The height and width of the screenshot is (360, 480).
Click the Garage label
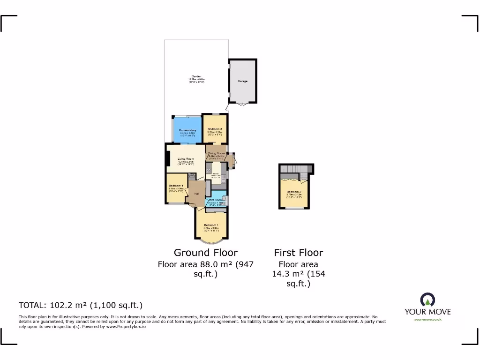[x=242, y=81]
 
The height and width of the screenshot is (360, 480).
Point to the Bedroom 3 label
[x=215, y=129]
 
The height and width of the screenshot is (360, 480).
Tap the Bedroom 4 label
[x=176, y=186]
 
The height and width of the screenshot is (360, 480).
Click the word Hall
[x=197, y=194]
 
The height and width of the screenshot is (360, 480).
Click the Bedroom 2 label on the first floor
[x=294, y=192]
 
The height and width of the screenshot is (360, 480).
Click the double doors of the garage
[x=242, y=104]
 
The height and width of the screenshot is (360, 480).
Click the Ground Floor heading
[x=205, y=253]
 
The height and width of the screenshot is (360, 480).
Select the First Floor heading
[x=299, y=253]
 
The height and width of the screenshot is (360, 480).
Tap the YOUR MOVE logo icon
[x=427, y=300]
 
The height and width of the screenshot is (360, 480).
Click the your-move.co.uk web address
[x=427, y=319]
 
